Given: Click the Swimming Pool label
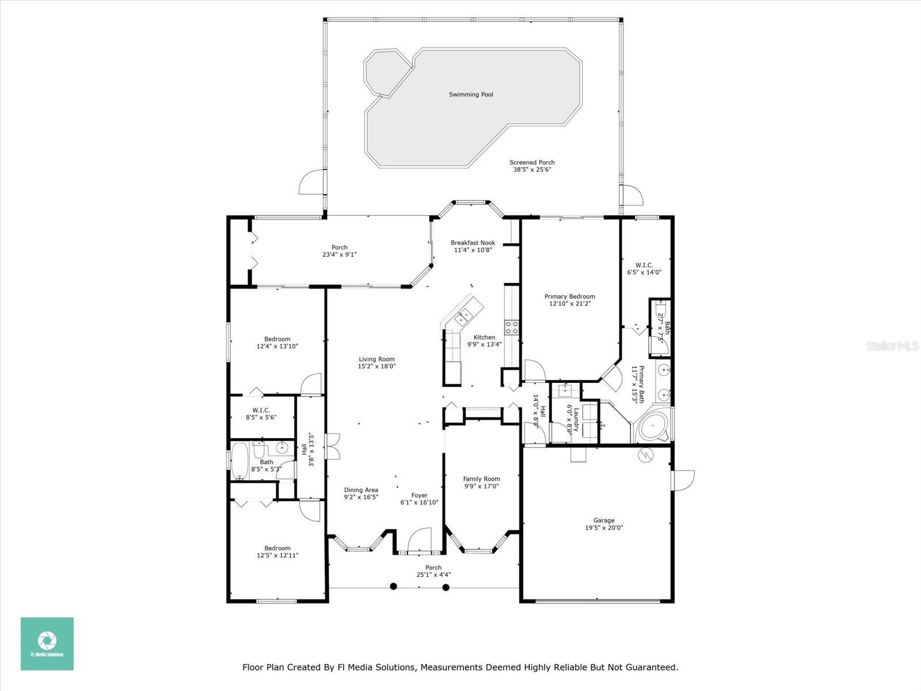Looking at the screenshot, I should click(x=471, y=94).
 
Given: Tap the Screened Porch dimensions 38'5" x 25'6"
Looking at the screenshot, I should click(x=532, y=170).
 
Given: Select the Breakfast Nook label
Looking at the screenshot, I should click(x=473, y=243).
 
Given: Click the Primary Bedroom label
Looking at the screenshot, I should click(x=570, y=297).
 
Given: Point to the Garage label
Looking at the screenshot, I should click(x=604, y=521).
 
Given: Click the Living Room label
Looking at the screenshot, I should click(x=376, y=359).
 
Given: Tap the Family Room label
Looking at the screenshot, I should click(x=481, y=479).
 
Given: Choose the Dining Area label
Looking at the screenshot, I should click(x=361, y=491).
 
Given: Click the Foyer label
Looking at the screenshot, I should click(x=419, y=495).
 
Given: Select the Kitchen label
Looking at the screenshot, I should click(x=484, y=337).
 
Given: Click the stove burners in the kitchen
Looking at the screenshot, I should click(x=511, y=328).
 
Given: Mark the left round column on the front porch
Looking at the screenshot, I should click(x=394, y=587).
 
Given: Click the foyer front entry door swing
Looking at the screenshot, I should click(x=419, y=541).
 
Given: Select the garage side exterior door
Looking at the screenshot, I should click(x=683, y=480).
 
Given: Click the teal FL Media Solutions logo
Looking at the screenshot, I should click(x=47, y=644).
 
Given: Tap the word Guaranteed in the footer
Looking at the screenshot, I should click(x=654, y=667).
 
